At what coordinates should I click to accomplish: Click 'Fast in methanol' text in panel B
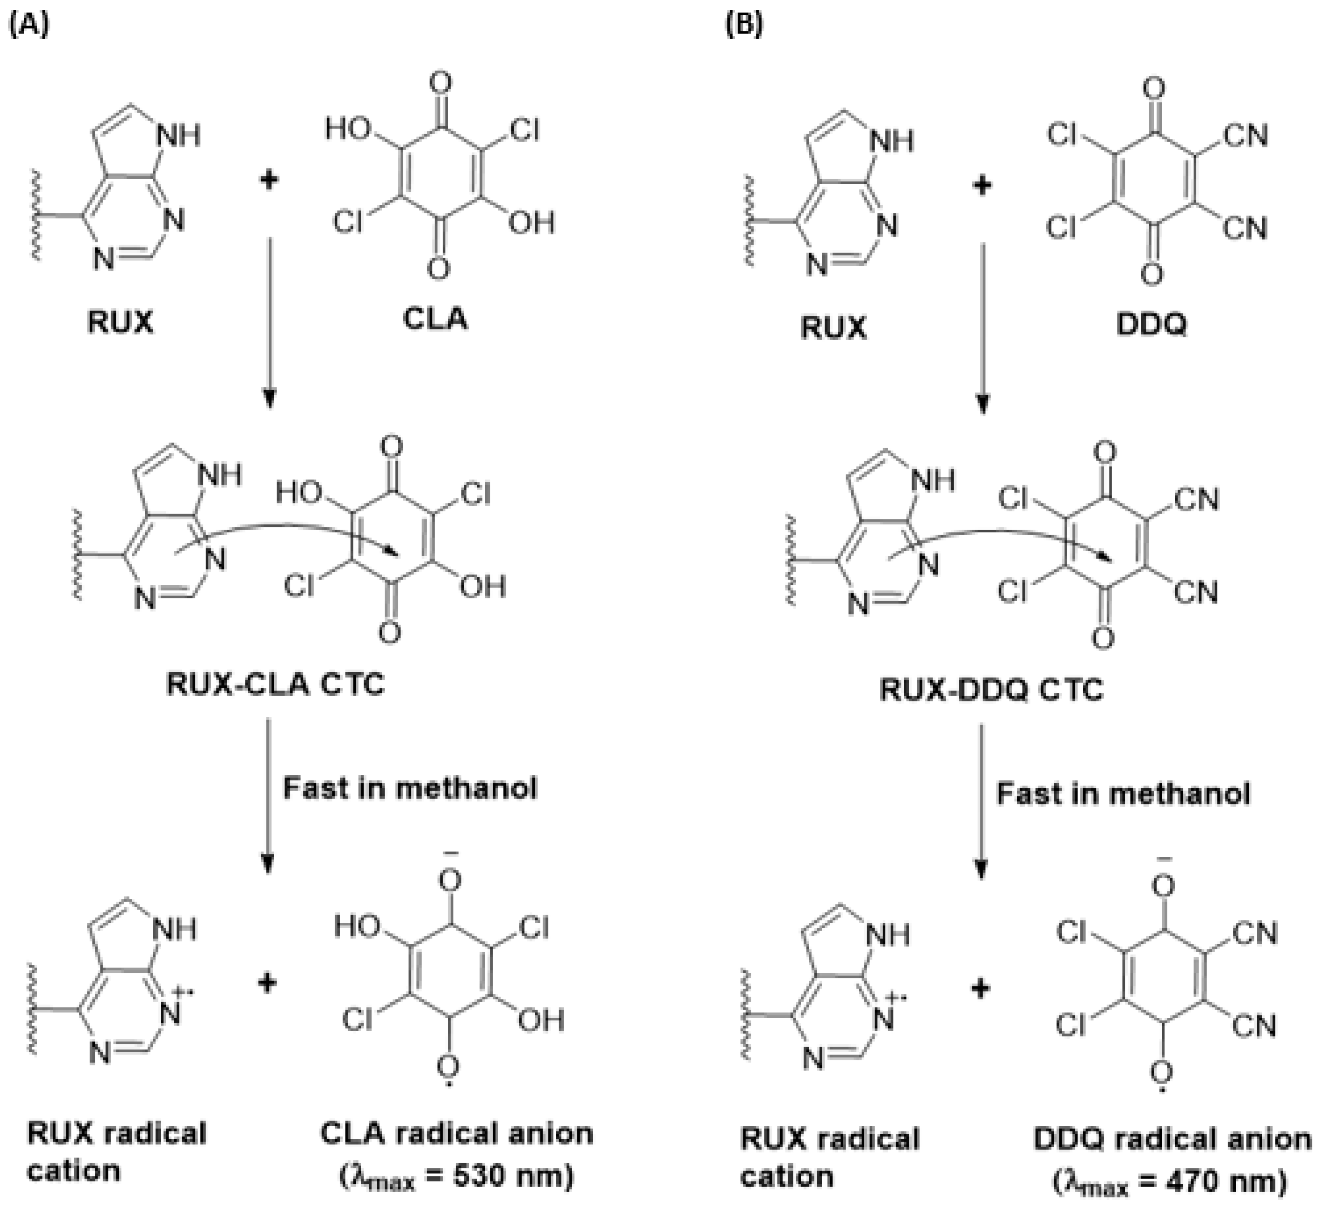click(1123, 794)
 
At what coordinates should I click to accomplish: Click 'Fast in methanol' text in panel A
click(410, 787)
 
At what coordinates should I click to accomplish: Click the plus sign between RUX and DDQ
click(982, 186)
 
